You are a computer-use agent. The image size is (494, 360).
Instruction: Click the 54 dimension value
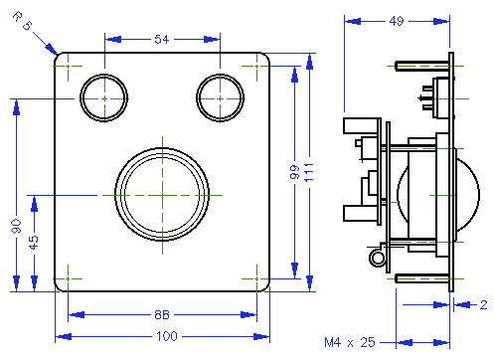(x=162, y=40)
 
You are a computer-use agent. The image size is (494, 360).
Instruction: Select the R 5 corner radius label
(x=23, y=21)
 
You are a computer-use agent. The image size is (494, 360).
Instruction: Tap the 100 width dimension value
(x=167, y=336)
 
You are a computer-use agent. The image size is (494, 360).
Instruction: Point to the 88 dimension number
(x=162, y=314)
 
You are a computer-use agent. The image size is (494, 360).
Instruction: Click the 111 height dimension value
(x=309, y=172)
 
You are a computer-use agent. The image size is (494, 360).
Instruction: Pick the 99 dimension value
(x=294, y=172)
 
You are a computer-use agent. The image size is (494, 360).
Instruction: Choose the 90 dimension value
(x=16, y=226)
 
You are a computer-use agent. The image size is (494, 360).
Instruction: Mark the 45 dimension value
(x=33, y=243)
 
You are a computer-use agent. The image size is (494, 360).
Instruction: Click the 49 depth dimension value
(x=397, y=21)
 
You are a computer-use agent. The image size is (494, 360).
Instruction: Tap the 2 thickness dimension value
(x=483, y=304)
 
